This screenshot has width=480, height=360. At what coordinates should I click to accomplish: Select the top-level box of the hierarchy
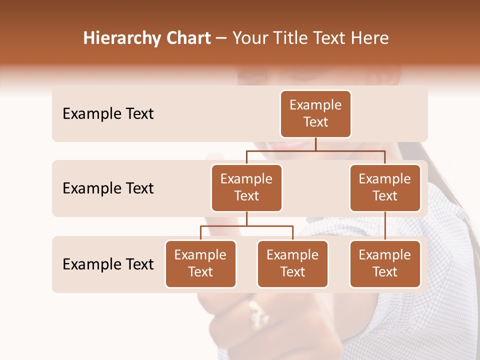(x=315, y=114)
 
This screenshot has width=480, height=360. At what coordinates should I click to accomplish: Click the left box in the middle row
(x=246, y=188)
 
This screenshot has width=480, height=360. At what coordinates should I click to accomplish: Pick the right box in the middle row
(x=385, y=188)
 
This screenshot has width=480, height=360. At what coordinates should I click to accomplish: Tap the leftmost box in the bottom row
(x=200, y=264)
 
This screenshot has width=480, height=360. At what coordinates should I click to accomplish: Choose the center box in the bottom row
(x=292, y=264)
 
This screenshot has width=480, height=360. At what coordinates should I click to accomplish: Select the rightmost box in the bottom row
(x=385, y=264)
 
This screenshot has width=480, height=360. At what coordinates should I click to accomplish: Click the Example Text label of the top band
(x=108, y=114)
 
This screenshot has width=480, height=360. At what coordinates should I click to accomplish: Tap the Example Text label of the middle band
(x=108, y=188)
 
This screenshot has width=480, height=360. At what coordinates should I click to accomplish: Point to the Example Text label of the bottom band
(x=108, y=264)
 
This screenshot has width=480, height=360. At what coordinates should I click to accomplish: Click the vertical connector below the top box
(x=315, y=144)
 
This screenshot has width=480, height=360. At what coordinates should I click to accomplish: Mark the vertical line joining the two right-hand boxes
(x=385, y=226)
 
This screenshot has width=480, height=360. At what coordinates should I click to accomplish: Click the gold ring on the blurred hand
(x=259, y=312)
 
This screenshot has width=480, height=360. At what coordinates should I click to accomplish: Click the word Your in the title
(x=248, y=38)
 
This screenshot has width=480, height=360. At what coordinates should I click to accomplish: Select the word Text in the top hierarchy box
(x=315, y=122)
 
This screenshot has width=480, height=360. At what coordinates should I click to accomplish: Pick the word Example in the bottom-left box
(x=200, y=255)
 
